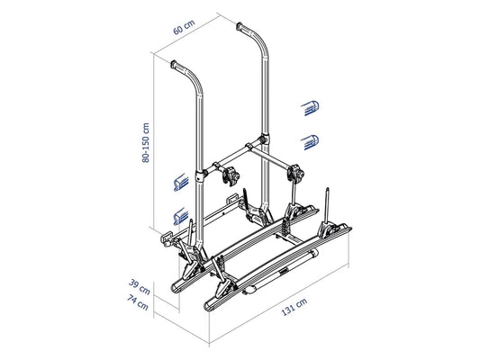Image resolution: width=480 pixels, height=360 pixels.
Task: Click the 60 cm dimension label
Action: click(x=184, y=27)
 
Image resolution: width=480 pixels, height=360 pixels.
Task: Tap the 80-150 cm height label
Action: click(x=146, y=142)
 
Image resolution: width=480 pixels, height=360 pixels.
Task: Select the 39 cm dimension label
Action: click(x=140, y=287)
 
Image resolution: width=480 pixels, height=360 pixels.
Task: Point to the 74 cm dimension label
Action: click(x=138, y=301)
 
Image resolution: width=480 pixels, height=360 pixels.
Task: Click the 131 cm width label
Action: click(x=294, y=307)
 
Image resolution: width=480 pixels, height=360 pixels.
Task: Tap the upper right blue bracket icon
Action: click(x=310, y=108)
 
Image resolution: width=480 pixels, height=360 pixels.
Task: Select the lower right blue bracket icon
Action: click(x=310, y=142)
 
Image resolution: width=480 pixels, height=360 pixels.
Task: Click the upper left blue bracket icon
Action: click(x=181, y=183)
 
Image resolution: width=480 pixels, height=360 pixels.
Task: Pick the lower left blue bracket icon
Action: click(x=181, y=216)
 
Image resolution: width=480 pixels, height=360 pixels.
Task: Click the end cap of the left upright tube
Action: click(x=174, y=64)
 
